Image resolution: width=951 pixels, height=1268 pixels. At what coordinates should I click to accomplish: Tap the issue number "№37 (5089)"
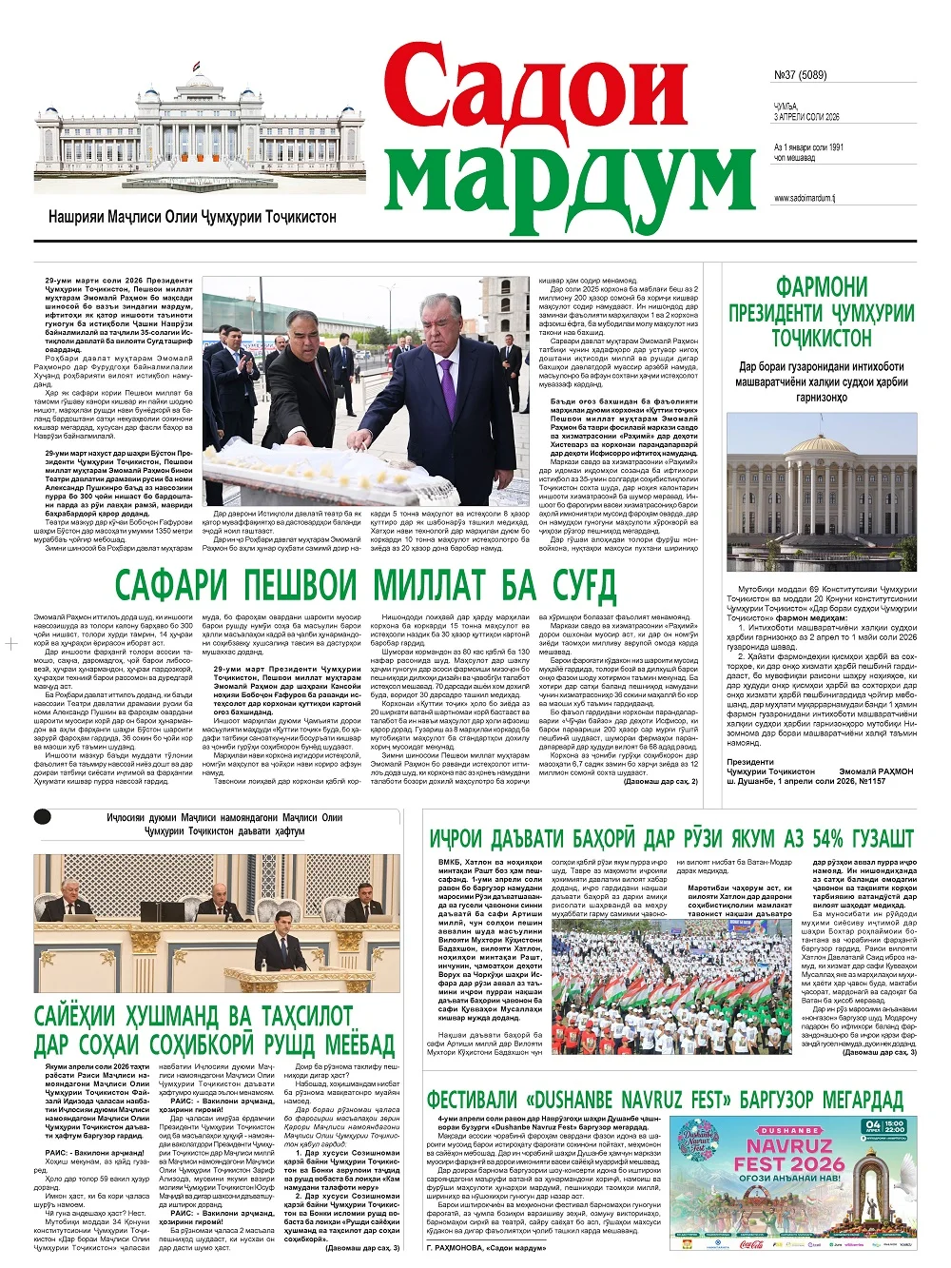pos(800,75)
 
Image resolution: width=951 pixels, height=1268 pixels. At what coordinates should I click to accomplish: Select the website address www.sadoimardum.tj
pos(804,199)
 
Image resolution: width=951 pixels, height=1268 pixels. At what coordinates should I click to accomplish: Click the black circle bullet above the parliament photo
pos(42,816)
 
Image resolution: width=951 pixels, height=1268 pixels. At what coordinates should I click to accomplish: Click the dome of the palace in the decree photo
pos(823,443)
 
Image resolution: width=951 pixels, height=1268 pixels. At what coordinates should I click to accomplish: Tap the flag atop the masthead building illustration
pos(196,67)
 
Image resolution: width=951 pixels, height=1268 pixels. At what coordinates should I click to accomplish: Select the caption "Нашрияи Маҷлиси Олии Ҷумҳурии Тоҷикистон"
pos(192,217)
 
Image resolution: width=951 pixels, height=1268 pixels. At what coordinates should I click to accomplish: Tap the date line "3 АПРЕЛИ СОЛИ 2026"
pos(806,117)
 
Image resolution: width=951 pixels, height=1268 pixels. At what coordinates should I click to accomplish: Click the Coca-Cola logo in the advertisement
pos(750,1243)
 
